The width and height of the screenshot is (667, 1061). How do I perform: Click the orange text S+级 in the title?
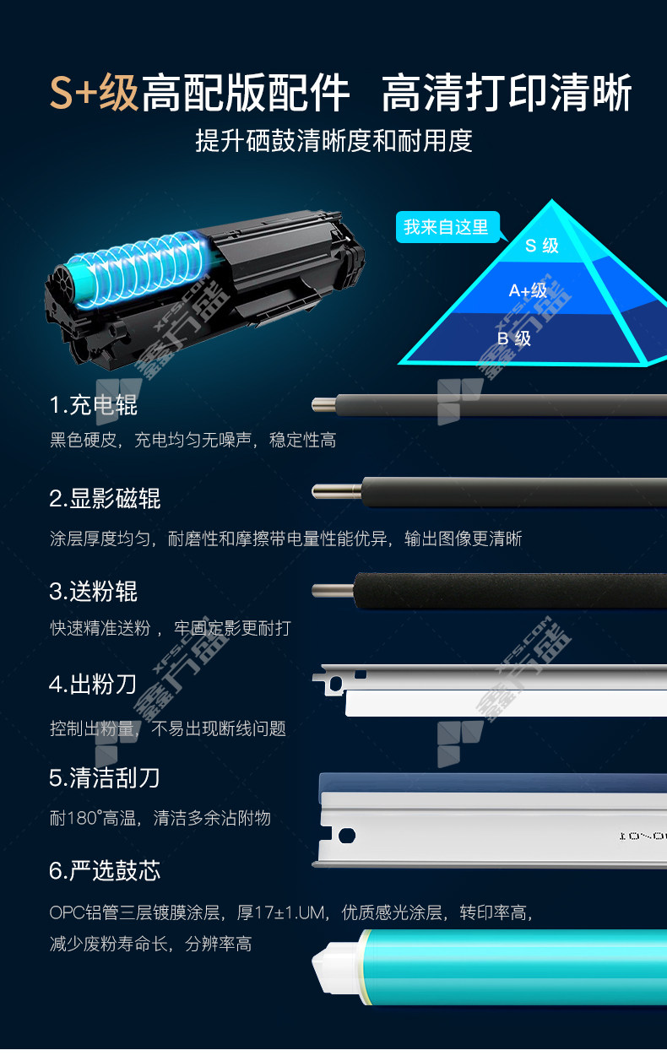pos(94,92)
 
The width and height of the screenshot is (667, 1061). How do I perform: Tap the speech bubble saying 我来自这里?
pos(447,227)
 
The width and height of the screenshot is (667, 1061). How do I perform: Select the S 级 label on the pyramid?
pos(541,246)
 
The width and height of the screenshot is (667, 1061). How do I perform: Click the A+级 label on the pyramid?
pos(528,290)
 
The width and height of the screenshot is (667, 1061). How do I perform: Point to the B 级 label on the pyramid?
pos(514,338)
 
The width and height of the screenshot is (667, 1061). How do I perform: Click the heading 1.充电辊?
pos(94,405)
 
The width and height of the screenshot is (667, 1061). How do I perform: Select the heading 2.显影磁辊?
pos(105,498)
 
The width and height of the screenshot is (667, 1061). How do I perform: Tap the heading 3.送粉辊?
pos(94,591)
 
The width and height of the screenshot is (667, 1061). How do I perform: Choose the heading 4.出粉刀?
pos(93,685)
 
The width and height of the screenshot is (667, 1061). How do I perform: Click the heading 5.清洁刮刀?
pos(104,777)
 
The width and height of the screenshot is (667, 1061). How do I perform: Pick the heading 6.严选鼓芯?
pos(105,870)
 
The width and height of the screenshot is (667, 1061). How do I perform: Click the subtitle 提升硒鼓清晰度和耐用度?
pos(334,141)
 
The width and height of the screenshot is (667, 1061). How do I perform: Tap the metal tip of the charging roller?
pos(324,405)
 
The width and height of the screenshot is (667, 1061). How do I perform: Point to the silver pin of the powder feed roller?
pos(333,591)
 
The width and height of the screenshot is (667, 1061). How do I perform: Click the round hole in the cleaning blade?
pos(346,835)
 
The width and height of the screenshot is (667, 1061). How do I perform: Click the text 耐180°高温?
pos(94,818)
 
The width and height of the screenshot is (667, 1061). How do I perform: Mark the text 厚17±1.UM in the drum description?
pos(281,912)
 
